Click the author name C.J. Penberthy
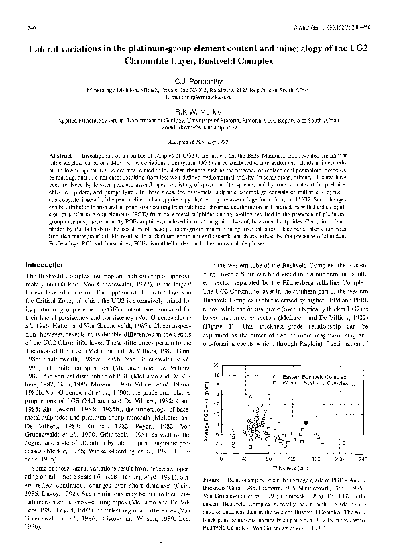[x=199, y=80]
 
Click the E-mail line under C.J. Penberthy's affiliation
[x=199, y=98]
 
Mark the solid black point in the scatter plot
[x=308, y=421]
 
